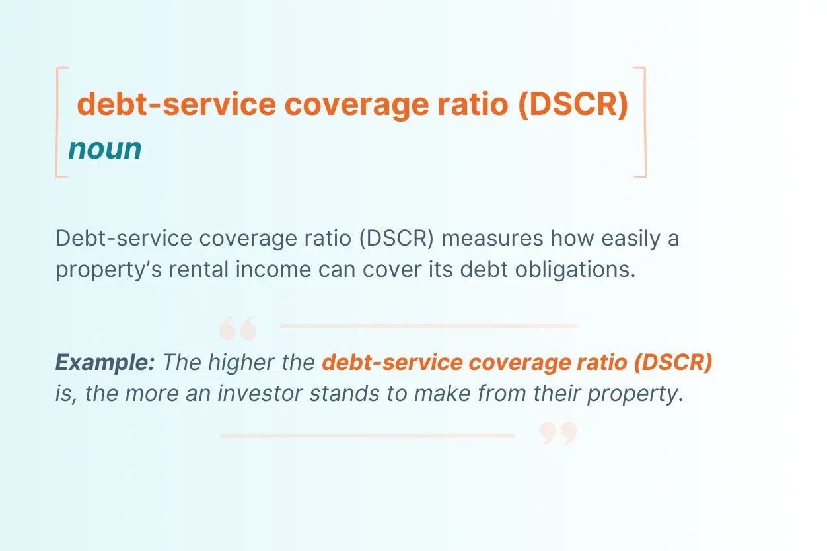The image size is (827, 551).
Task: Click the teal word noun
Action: (x=104, y=149)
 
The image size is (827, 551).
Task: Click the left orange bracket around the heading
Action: (x=59, y=122)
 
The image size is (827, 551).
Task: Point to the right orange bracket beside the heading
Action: (x=642, y=122)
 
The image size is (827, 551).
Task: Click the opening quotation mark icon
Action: (x=237, y=328)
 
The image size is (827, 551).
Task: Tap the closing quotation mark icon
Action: (x=558, y=433)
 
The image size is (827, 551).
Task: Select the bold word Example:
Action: (x=105, y=362)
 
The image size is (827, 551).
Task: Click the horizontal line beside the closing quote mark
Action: (x=367, y=435)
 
